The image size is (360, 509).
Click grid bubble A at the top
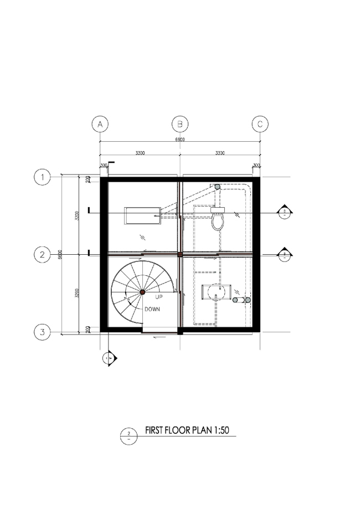click(100, 124)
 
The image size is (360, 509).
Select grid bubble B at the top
click(180, 124)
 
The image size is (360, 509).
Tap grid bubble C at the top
click(260, 124)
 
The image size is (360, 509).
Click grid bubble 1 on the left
click(42, 177)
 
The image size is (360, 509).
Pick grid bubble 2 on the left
click(42, 255)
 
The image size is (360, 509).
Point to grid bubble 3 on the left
click(42, 332)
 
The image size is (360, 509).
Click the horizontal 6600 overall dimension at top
click(180, 140)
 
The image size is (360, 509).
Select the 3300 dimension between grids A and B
click(140, 153)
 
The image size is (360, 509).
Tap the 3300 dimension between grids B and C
click(220, 153)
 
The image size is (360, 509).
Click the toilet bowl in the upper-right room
click(218, 221)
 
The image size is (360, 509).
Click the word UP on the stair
click(159, 297)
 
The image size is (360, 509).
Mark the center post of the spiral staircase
click(142, 291)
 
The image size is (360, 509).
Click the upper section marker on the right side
click(284, 213)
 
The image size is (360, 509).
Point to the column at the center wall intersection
click(180, 254)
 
